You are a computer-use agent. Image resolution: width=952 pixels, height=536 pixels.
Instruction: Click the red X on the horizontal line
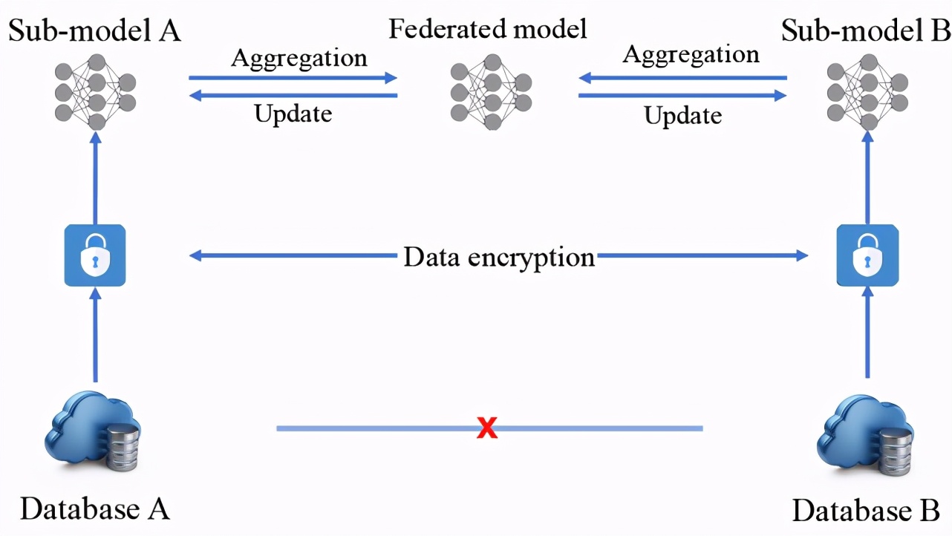(x=487, y=428)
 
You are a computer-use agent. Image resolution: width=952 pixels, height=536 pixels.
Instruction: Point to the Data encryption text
(x=499, y=257)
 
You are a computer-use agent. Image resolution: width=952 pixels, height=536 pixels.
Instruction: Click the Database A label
(x=95, y=509)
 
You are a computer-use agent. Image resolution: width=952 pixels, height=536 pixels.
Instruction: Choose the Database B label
(x=866, y=512)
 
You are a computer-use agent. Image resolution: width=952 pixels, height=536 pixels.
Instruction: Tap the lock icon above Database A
(x=95, y=255)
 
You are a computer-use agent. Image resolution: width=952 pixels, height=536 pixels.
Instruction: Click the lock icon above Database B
(x=867, y=255)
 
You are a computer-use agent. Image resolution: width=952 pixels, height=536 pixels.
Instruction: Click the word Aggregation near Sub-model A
(x=299, y=58)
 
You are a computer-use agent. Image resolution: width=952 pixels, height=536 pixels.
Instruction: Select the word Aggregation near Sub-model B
(x=691, y=55)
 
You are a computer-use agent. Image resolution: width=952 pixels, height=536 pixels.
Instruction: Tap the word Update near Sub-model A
(x=293, y=114)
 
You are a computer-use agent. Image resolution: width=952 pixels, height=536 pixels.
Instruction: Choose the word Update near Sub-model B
(x=682, y=116)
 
